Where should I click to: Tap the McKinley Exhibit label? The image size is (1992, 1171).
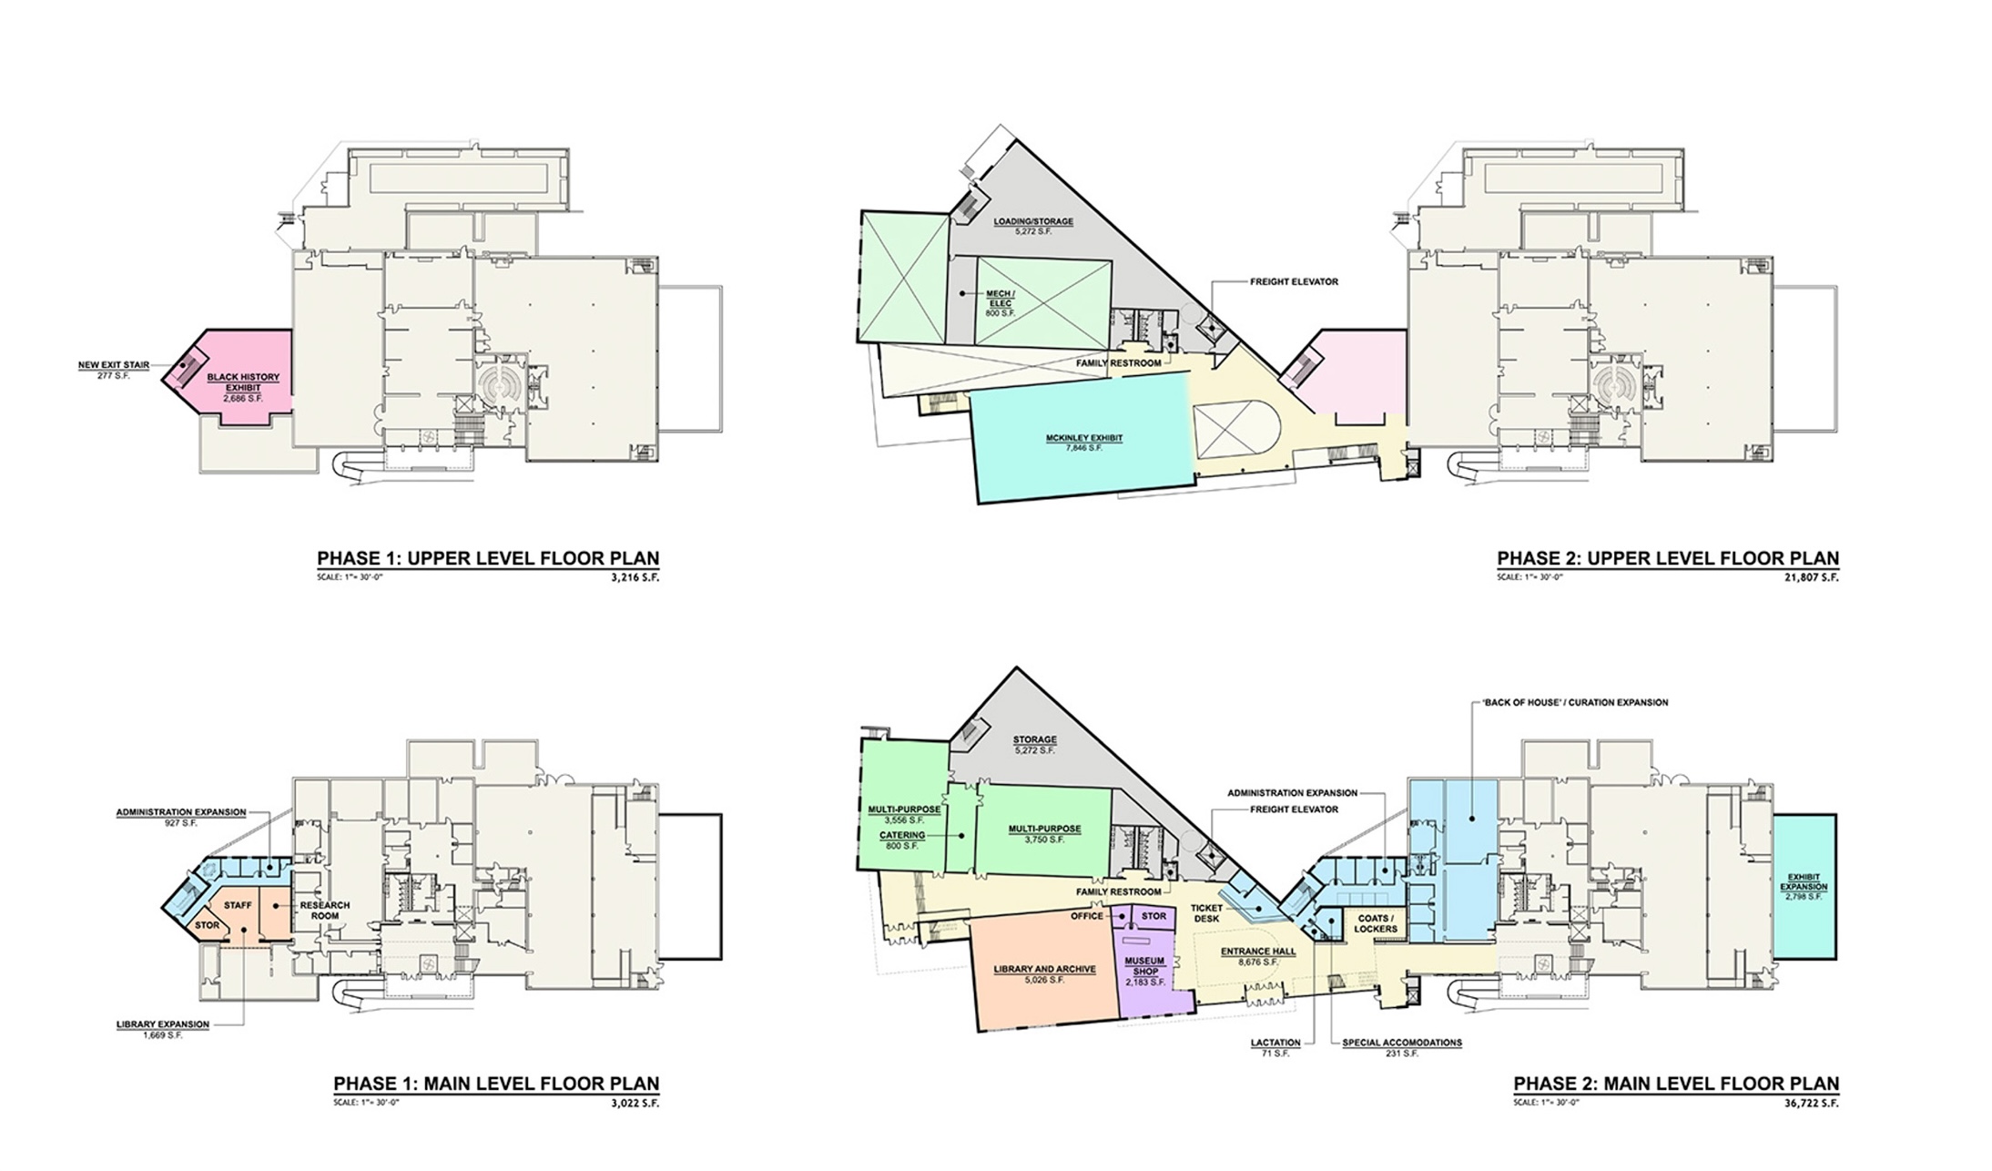1084,439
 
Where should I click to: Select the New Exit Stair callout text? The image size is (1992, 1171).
114,366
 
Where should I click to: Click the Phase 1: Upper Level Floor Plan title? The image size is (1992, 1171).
488,558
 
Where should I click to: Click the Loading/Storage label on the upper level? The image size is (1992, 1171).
1032,221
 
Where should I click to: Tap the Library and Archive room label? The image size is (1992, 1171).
1045,970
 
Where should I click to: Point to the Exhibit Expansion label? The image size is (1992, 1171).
1804,882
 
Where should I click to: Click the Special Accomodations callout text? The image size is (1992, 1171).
1402,1043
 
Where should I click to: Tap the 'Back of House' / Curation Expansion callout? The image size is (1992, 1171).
1570,703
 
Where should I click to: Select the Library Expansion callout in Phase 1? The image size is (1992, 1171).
163,1024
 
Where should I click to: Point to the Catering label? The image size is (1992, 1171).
901,835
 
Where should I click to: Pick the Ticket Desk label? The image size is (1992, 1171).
1206,913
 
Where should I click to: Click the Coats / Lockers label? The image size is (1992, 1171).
1375,923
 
